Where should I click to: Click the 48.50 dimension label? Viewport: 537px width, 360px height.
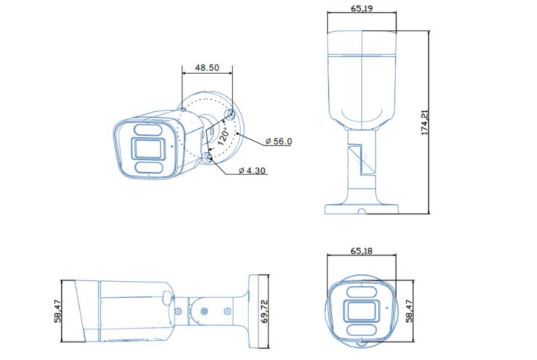point(207,67)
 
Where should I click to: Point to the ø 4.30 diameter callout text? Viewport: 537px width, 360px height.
point(252,171)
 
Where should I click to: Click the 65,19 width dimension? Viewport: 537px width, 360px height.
point(362,8)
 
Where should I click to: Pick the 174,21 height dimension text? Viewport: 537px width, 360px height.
point(425,123)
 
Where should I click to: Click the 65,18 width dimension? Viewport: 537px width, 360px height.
point(362,252)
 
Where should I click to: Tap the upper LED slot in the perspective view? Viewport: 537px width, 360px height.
point(148,130)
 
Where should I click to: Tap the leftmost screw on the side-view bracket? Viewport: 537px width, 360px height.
point(178,311)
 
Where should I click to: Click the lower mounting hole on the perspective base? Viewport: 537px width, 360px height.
point(209,157)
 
